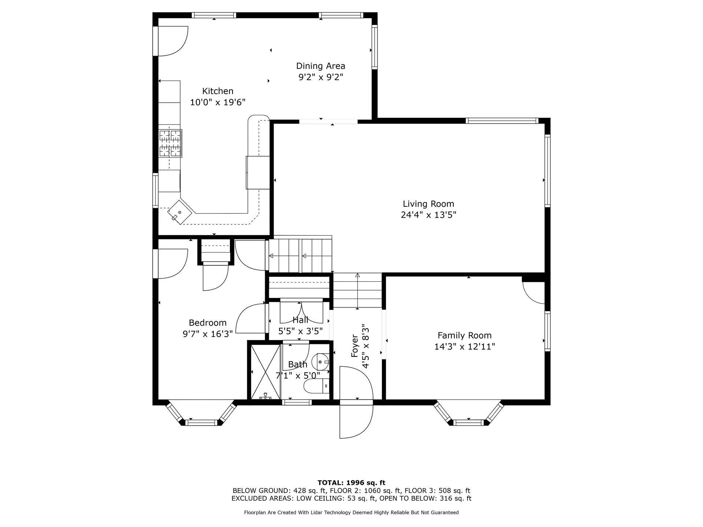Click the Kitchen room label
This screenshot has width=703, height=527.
[x=218, y=91]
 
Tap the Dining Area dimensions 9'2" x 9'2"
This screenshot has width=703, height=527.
[x=321, y=77]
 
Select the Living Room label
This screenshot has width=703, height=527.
[x=428, y=204]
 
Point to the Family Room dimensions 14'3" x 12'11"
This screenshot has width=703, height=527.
[x=465, y=347]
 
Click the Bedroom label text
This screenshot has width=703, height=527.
[x=208, y=323]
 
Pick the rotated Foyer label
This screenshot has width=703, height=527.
[x=354, y=346]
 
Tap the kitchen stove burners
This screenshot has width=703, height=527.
[x=170, y=143]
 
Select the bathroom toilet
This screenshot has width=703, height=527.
[x=317, y=386]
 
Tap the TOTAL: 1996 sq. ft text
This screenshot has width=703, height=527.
[x=351, y=483]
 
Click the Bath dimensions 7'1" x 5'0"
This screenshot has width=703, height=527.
[x=298, y=375]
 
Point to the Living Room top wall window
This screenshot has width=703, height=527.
[x=502, y=120]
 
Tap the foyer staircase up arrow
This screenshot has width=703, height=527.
[x=357, y=291]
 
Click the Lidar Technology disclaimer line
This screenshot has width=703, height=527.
[x=351, y=512]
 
